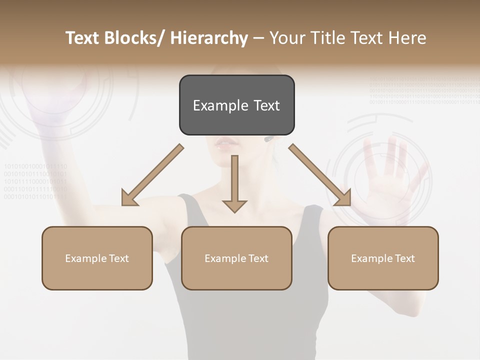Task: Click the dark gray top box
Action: pyautogui.click(x=236, y=105)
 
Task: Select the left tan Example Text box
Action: pyautogui.click(x=97, y=258)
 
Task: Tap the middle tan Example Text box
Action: pyautogui.click(x=236, y=258)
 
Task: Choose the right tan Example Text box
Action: pyautogui.click(x=383, y=258)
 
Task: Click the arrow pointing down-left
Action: pyautogui.click(x=152, y=175)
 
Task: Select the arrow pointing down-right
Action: pyautogui.click(x=320, y=175)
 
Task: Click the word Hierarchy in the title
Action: pyautogui.click(x=209, y=38)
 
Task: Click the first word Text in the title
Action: pyautogui.click(x=82, y=38)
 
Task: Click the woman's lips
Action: pyautogui.click(x=226, y=143)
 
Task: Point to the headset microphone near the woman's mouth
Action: pyautogui.click(x=269, y=138)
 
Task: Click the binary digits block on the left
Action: pyautogui.click(x=35, y=181)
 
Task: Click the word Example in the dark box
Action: pyautogui.click(x=213, y=105)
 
